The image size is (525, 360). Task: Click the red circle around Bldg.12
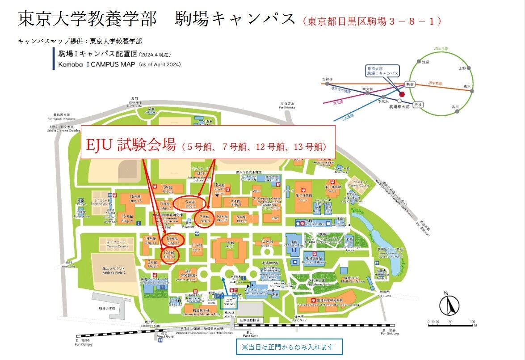point(170,256)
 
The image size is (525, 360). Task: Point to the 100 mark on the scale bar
point(472,322)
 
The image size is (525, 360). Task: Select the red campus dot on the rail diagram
point(402,94)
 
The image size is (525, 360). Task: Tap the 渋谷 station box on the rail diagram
point(419,104)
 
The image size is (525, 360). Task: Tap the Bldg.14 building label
point(150,241)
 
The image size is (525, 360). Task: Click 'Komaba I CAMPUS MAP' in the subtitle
point(87,64)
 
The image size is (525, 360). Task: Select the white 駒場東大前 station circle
point(399,101)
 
